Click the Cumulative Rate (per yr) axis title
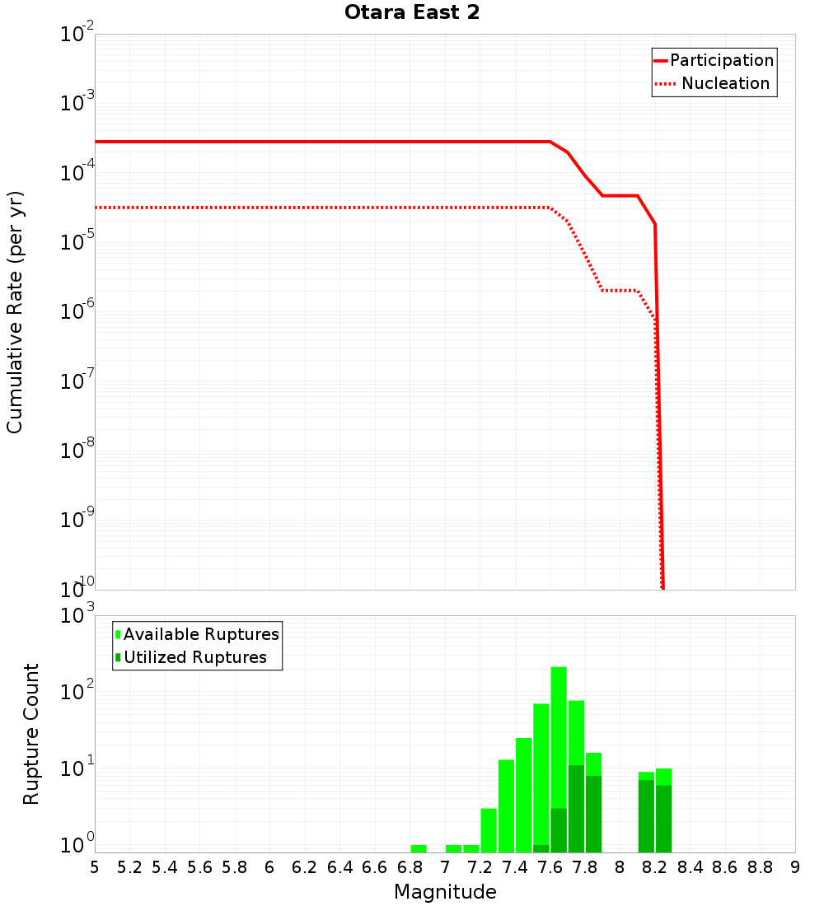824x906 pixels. coord(15,311)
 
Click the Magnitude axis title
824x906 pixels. coord(445,892)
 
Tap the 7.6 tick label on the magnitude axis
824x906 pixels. coord(550,866)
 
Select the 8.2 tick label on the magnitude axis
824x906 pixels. coord(655,866)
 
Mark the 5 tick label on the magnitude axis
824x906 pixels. coord(95,866)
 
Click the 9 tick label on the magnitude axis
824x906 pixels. coord(795,866)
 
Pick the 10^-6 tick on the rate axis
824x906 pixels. coord(77,312)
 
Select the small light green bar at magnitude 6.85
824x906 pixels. coord(419,848)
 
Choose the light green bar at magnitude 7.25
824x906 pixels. coord(489,830)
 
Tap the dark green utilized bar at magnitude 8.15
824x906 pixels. coord(646,815)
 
